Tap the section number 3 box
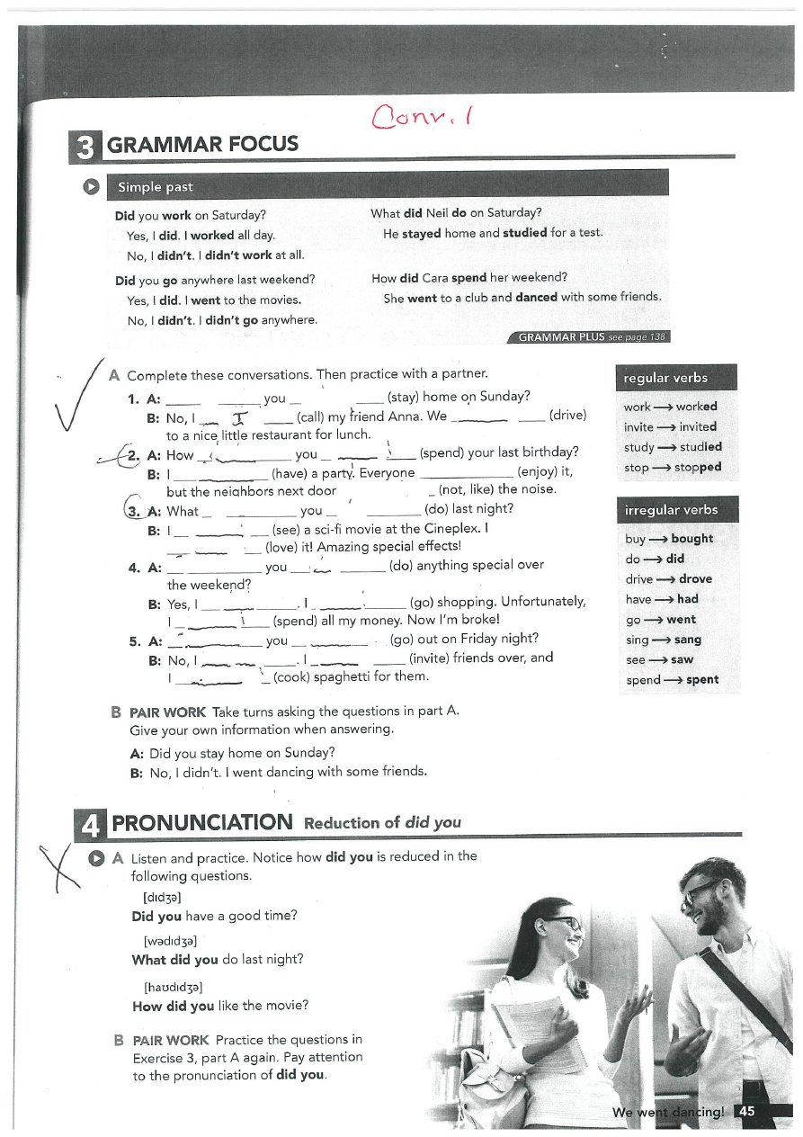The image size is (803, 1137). click(x=85, y=146)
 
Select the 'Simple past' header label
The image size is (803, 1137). click(x=152, y=187)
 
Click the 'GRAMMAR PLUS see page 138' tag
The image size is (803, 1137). click(x=590, y=337)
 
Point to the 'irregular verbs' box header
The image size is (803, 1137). click(x=671, y=510)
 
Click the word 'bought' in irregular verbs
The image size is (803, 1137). click(x=691, y=539)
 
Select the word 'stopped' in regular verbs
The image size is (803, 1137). click(x=698, y=467)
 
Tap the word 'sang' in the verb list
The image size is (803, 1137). click(x=686, y=640)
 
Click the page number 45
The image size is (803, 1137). click(x=745, y=1112)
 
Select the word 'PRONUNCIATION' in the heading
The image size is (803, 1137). click(x=202, y=822)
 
